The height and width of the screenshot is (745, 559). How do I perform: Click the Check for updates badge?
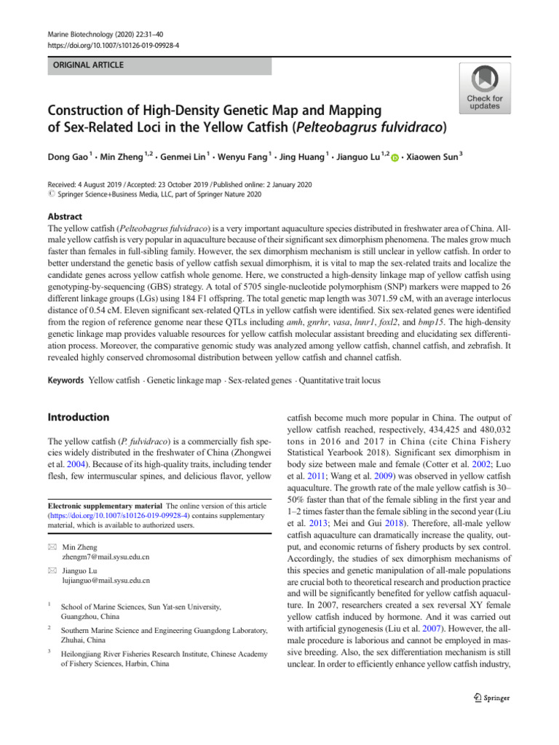484,87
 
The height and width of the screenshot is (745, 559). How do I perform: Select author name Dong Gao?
69,155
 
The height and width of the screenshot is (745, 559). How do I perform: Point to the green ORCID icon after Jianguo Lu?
395,156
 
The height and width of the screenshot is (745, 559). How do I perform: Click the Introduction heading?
78,418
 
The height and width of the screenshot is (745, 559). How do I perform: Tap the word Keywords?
65,381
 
